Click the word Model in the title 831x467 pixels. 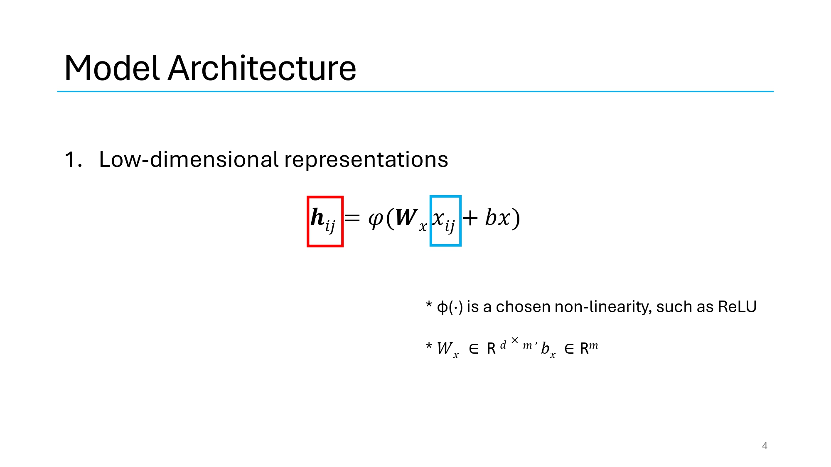112,68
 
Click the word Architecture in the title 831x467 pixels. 262,68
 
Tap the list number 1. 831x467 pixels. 72,160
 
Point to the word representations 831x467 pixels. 366,160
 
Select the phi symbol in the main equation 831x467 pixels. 376,218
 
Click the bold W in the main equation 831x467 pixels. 406,217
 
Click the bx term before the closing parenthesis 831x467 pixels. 497,217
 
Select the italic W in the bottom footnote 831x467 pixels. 445,348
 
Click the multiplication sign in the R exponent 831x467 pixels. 515,340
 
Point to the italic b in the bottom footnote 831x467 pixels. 545,348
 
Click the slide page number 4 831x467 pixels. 765,446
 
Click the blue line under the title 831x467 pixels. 415,91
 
